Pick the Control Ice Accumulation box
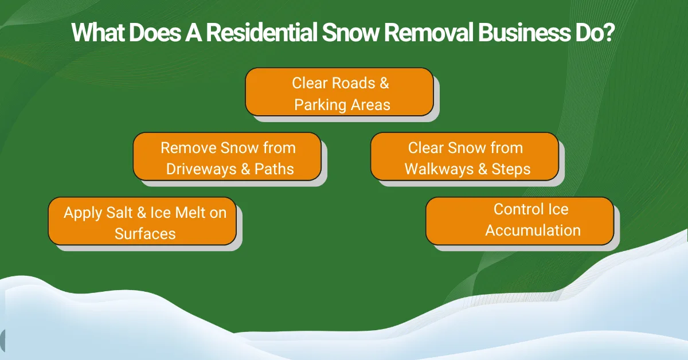(519, 221)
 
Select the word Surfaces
(145, 234)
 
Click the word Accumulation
(533, 230)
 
